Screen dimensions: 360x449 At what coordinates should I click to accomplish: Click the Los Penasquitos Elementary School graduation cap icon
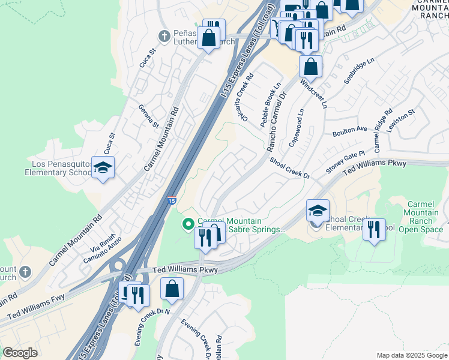click(x=103, y=168)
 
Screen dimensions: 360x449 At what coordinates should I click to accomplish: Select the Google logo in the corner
click(x=20, y=353)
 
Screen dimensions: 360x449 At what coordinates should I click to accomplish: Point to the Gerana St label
click(x=148, y=116)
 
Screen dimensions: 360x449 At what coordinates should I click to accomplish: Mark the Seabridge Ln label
click(x=358, y=71)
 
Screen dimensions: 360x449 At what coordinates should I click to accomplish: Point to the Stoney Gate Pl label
click(x=345, y=163)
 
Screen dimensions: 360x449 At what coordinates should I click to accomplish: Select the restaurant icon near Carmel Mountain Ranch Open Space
click(x=374, y=230)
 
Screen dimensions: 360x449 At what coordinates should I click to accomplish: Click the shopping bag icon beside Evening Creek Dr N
click(x=172, y=289)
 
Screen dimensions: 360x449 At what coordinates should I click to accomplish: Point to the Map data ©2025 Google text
click(x=411, y=355)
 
